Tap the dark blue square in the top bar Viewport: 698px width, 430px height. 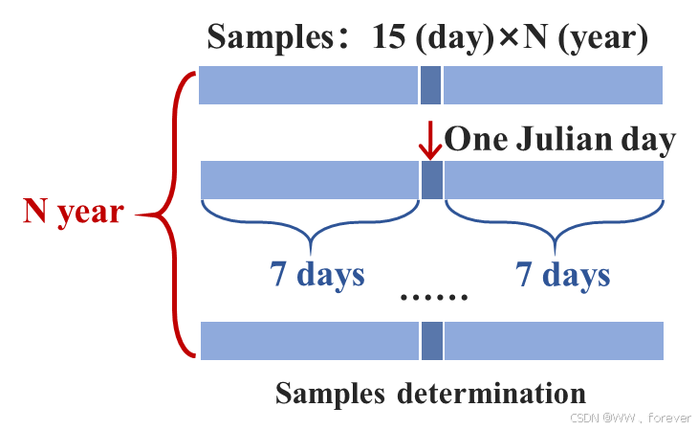[431, 85]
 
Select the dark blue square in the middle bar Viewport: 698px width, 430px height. [431, 180]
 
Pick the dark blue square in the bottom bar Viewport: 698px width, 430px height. [431, 341]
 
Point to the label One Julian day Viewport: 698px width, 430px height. [560, 141]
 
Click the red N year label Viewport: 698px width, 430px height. [73, 212]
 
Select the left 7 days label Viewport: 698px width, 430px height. [316, 275]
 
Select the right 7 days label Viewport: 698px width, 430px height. [562, 275]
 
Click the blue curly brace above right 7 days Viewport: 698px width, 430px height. [555, 225]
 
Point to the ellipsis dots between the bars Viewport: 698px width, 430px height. [434, 297]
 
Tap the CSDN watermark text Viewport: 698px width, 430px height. [629, 418]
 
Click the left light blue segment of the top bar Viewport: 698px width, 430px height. [308, 85]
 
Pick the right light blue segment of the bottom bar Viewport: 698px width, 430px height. [554, 341]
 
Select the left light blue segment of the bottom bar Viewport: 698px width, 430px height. [309, 341]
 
